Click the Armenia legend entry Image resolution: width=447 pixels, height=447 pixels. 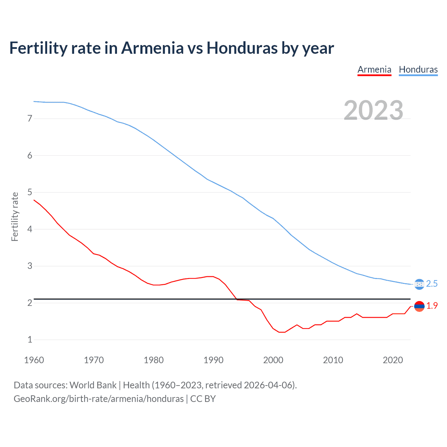click(374, 69)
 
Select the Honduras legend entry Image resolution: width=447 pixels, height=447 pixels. click(418, 69)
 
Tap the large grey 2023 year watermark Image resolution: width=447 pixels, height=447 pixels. click(373, 110)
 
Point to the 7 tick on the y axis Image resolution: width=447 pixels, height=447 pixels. click(30, 119)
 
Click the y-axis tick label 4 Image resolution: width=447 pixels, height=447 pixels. click(30, 229)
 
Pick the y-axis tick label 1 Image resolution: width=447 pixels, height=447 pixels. click(30, 340)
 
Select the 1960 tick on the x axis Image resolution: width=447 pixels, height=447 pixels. click(34, 360)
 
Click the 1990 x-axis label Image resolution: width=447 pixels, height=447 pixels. click(213, 360)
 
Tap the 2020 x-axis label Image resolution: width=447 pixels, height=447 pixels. click(393, 360)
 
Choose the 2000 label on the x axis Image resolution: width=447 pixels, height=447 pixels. click(273, 360)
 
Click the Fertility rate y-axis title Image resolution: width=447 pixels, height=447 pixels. click(15, 217)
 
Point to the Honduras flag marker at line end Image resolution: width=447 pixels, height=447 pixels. click(419, 284)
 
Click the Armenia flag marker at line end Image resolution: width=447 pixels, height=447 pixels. click(419, 306)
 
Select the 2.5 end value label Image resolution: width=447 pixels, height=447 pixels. click(432, 284)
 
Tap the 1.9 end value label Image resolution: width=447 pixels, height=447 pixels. click(432, 306)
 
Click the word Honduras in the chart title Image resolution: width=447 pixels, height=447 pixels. click(242, 48)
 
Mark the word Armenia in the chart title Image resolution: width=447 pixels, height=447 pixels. click(152, 48)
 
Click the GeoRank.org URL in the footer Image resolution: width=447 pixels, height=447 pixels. click(98, 399)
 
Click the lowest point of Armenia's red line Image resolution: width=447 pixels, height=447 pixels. click(282, 332)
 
